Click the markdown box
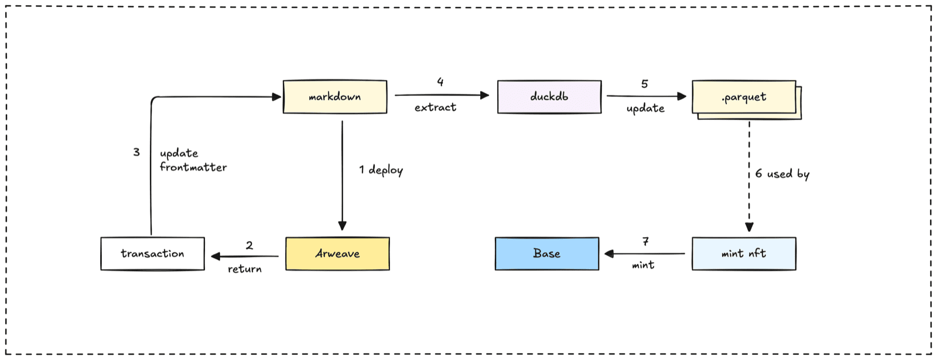point(335,97)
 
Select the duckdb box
point(549,97)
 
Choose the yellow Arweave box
point(337,254)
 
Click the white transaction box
point(153,254)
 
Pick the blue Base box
point(547,254)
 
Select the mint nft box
point(744,254)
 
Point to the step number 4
point(440,81)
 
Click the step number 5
point(645,84)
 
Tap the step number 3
point(136,152)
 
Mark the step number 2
point(249,245)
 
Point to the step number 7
point(645,242)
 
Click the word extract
point(436,108)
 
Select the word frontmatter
point(193,167)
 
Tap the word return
point(245,269)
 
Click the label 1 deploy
point(381,170)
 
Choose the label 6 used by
point(782,173)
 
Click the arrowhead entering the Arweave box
point(342,226)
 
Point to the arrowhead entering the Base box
point(609,254)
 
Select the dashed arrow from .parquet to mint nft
point(749,176)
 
